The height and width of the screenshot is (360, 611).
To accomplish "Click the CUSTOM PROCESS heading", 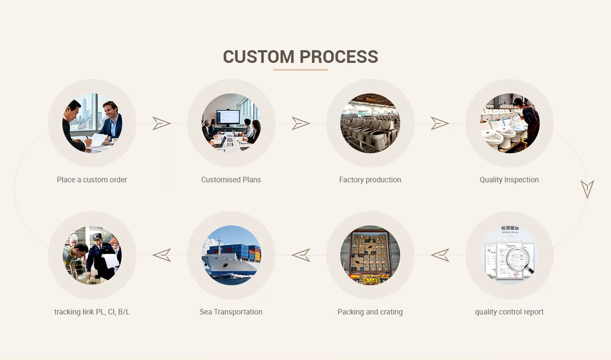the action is pos(300,57).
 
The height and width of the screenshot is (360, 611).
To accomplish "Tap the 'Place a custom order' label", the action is pos(92,180).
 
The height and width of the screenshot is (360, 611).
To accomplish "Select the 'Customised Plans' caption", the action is pos(231,180).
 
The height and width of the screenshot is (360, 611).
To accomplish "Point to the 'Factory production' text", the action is pos(370,180).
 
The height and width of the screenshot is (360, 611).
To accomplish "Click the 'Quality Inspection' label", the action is pos(509,180).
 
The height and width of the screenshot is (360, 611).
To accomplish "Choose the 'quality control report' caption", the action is pos(509,312).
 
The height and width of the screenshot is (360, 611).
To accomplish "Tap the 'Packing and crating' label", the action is pos(370,312).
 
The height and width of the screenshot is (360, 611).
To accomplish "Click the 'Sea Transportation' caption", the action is pos(231,312).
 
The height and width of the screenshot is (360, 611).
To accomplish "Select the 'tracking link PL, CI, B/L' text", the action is pos(92,312).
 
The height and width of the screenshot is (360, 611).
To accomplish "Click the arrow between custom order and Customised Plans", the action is pos(161,124).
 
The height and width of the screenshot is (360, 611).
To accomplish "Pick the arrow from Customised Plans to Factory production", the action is pos(300,124).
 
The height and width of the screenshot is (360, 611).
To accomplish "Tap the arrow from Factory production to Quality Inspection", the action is pos(440,124).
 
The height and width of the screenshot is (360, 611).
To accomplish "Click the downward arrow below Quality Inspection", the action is pos(587,189).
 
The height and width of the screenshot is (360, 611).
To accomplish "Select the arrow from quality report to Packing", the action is pos(440,255).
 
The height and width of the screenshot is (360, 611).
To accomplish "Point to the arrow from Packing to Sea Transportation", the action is pos(301,255).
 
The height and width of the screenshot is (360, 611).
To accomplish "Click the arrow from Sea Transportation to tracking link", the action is pos(162,255).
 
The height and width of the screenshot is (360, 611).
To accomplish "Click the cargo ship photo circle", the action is pos(231,255).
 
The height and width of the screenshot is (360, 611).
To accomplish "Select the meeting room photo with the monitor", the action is pos(231,123).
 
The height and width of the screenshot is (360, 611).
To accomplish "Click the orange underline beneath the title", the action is pos(300,70).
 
